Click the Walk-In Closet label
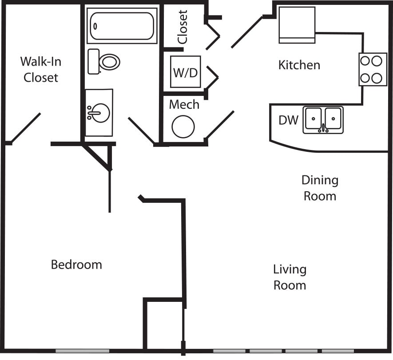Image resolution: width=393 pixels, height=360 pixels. (x=40, y=69)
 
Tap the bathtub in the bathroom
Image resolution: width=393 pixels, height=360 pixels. (x=122, y=26)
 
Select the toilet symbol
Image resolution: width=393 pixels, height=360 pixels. (x=105, y=62)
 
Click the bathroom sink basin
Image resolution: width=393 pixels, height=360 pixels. (x=99, y=113)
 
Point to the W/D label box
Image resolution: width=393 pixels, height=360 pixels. (x=186, y=72)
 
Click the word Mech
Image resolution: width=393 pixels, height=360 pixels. (x=184, y=105)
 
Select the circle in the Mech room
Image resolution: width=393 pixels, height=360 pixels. (x=183, y=127)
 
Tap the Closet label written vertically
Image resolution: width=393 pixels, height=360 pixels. (x=182, y=27)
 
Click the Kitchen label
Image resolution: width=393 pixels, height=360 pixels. (x=299, y=65)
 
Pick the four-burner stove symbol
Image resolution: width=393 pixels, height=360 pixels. (x=373, y=69)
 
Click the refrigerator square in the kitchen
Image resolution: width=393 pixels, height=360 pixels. (x=297, y=25)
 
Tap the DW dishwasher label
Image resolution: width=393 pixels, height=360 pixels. (x=289, y=120)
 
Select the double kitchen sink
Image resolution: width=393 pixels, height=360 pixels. (x=323, y=120)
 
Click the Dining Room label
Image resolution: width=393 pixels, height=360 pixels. (x=320, y=188)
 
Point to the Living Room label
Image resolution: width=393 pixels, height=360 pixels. (x=290, y=277)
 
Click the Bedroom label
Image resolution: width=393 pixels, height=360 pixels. (x=76, y=265)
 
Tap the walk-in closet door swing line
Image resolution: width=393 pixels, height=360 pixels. (x=26, y=128)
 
